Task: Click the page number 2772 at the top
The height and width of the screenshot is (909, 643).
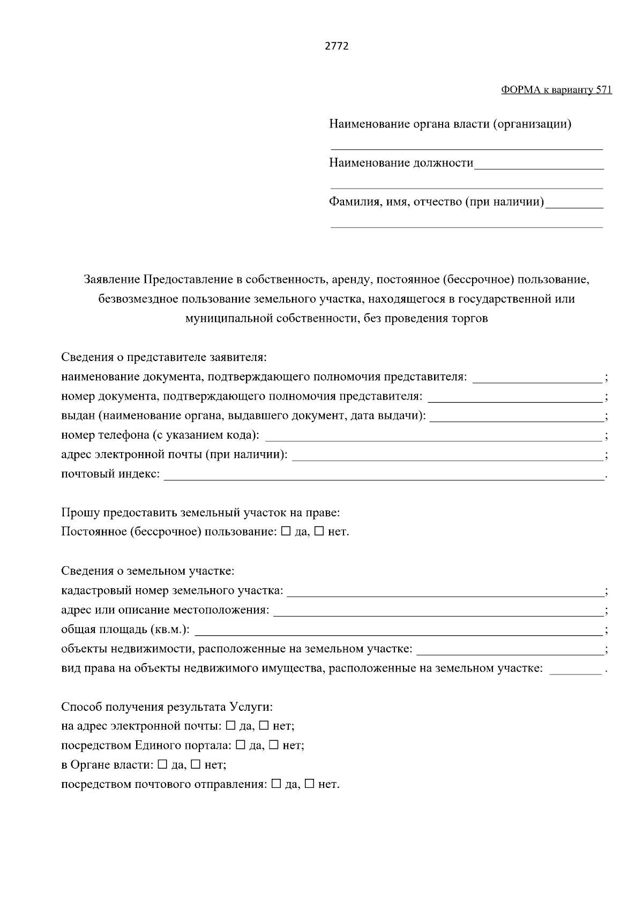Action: [x=337, y=46]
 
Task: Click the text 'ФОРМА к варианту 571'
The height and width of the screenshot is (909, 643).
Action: [x=556, y=90]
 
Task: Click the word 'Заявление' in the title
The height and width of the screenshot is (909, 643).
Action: [x=111, y=279]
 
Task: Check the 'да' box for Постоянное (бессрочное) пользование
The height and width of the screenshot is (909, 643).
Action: [x=286, y=532]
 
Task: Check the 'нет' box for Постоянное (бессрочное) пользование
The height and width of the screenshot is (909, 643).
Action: [x=319, y=532]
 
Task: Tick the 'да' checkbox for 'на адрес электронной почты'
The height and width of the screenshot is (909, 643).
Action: [x=230, y=726]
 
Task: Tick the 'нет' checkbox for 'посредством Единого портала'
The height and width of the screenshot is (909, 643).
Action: [x=273, y=746]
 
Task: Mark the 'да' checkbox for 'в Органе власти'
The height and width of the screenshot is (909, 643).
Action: [x=163, y=765]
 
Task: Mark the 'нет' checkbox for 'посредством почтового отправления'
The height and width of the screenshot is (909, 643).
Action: [x=309, y=784]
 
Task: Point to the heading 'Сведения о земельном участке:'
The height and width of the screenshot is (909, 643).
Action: [x=147, y=571]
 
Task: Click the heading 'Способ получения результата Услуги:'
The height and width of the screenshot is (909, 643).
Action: [x=167, y=707]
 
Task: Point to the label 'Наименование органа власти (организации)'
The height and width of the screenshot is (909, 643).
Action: [x=450, y=124]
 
